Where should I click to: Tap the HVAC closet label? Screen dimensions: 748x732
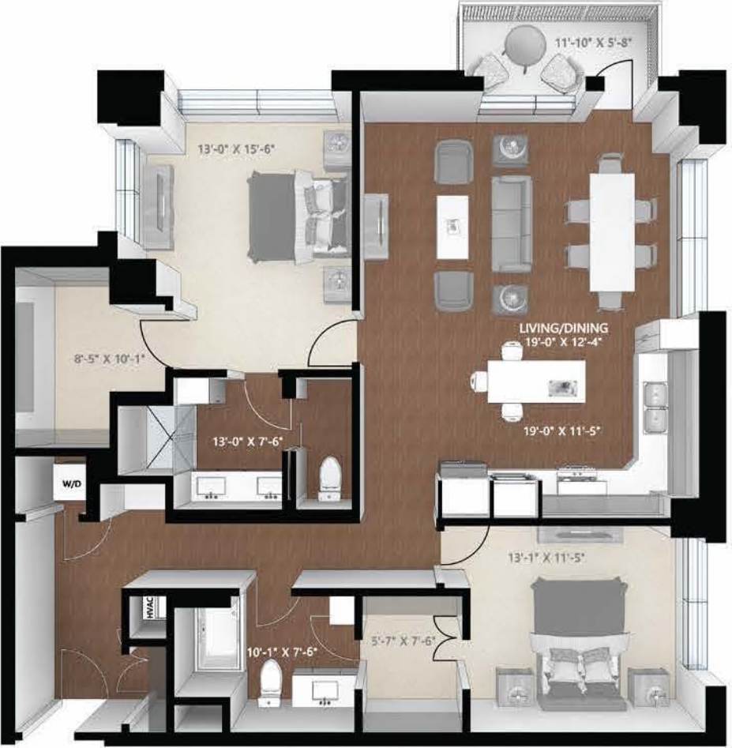[148, 607]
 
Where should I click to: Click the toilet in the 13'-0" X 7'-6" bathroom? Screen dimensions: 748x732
[328, 479]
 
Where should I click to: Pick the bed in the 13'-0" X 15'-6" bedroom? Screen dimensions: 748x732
[298, 216]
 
